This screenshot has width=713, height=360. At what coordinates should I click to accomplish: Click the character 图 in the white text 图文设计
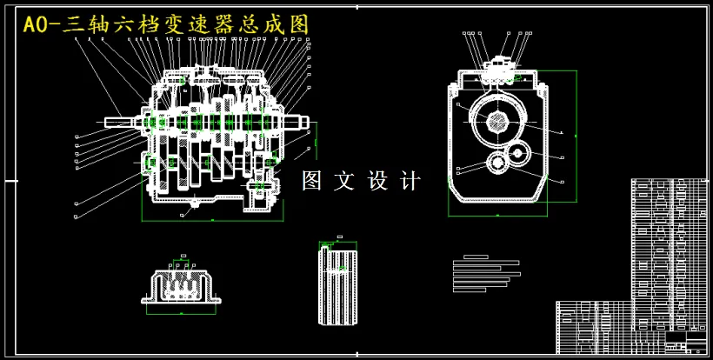coord(312,181)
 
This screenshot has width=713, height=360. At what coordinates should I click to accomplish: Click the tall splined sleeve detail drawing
coord(338,283)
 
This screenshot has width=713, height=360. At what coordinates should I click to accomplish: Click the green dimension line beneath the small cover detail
coord(182,310)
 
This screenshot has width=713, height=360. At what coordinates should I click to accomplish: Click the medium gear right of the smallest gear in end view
coord(519,154)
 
